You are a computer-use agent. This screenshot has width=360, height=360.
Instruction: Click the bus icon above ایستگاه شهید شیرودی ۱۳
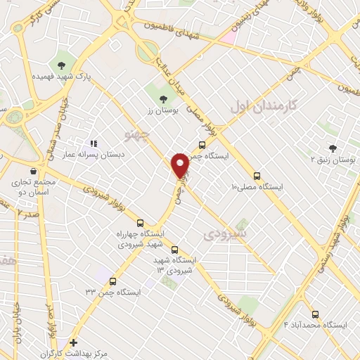(x=174, y=249)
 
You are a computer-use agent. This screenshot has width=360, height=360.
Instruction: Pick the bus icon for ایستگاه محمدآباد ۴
(x=314, y=314)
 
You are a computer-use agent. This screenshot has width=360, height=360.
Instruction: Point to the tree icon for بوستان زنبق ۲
(x=333, y=148)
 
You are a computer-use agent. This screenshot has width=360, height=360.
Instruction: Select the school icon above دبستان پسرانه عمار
(x=94, y=143)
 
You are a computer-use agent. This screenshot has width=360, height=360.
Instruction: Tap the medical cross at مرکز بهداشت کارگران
(x=74, y=342)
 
